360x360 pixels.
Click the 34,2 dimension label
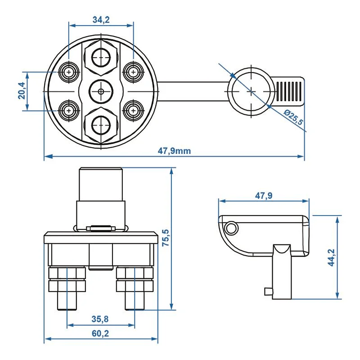[101, 20]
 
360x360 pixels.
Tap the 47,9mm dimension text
[174, 151]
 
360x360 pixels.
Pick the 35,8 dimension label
[100, 319]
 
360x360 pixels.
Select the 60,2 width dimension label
[100, 333]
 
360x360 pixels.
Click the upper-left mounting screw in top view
[69, 72]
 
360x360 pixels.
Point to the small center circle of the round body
[101, 91]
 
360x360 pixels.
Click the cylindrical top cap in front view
[101, 184]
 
